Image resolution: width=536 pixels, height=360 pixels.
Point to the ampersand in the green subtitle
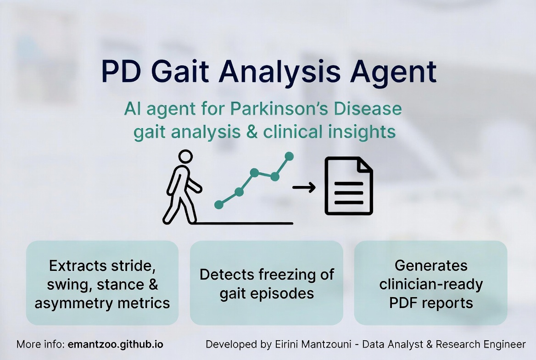click(x=251, y=132)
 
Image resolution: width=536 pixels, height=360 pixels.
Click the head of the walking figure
click(x=185, y=157)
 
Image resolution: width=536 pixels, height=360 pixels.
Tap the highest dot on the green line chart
click(x=289, y=156)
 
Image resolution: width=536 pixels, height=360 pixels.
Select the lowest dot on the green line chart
click(x=219, y=205)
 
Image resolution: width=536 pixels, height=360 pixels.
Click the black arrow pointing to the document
click(x=304, y=187)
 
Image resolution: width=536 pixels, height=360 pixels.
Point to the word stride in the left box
click(x=134, y=266)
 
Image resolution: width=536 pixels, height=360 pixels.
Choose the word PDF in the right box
click(x=405, y=303)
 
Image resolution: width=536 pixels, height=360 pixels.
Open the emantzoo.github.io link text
click(x=115, y=344)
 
